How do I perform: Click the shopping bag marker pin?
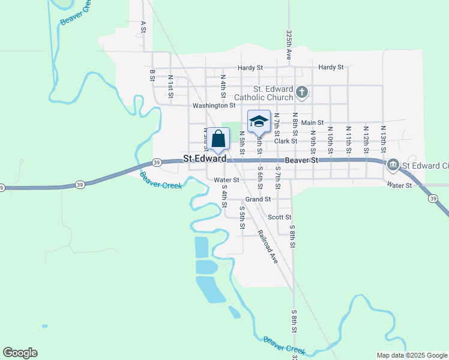(218, 139)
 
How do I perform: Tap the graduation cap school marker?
(259, 122)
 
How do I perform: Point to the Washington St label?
(214, 106)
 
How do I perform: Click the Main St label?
(312, 123)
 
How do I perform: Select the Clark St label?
(286, 141)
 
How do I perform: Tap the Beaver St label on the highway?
(301, 160)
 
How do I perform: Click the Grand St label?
(258, 199)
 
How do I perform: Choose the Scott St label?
(279, 217)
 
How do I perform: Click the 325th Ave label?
(289, 44)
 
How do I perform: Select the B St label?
(152, 75)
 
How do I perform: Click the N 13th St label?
(382, 137)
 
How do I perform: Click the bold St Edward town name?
(205, 159)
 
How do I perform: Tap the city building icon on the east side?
(393, 164)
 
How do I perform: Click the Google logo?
(20, 353)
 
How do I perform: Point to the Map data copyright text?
(411, 355)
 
